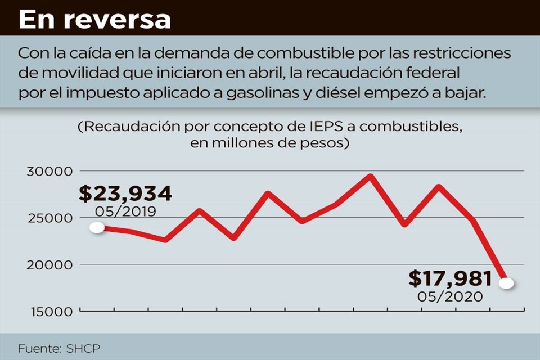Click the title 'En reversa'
pos(94,19)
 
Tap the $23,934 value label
pos(125,193)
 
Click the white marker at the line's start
pos(97,227)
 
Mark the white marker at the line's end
pos(506,283)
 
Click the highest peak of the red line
pos(370,177)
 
